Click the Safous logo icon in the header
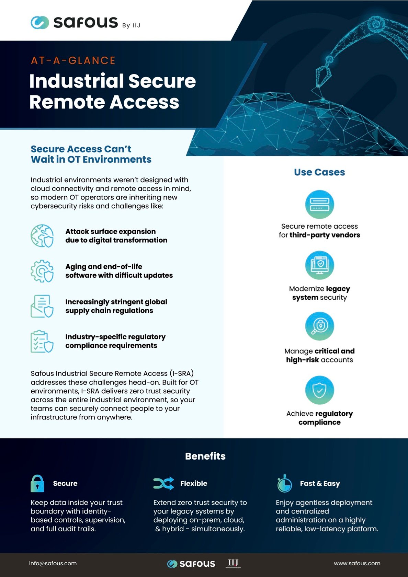coord(40,23)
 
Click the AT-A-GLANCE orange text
coord(73,61)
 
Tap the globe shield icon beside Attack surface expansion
coord(42,236)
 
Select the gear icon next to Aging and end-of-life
coord(42,271)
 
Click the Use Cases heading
coord(319,172)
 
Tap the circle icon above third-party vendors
coord(319,204)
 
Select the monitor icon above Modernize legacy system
coord(319,265)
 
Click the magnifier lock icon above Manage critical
coord(319,326)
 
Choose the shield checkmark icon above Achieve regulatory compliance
coord(319,390)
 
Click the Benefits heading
coord(205,456)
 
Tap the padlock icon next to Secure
coord(37,484)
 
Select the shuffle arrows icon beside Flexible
coord(163,484)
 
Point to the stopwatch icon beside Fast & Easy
coord(284,484)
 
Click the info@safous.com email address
coord(53,563)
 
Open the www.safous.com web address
coord(357,563)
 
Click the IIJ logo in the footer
coord(233,563)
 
